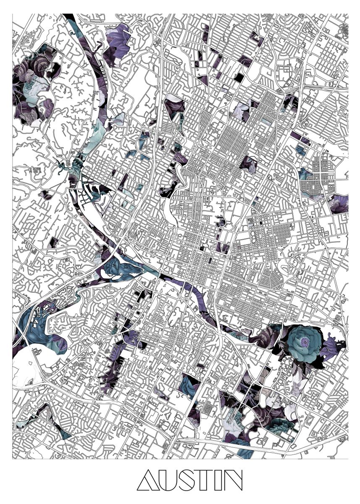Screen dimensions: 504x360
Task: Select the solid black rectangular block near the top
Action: (239, 77)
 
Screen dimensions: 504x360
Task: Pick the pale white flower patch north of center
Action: (242, 111)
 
